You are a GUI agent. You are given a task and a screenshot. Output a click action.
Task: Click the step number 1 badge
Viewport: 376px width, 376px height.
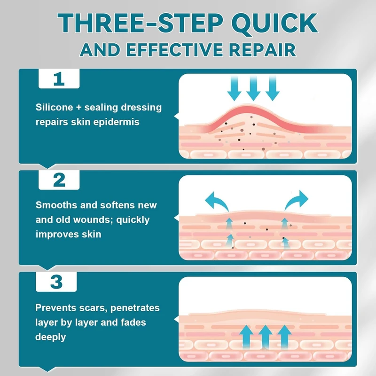(59, 78)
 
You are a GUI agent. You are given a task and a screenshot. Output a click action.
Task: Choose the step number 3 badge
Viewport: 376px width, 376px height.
(56, 282)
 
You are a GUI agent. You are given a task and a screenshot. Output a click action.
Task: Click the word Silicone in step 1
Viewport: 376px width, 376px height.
(54, 108)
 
